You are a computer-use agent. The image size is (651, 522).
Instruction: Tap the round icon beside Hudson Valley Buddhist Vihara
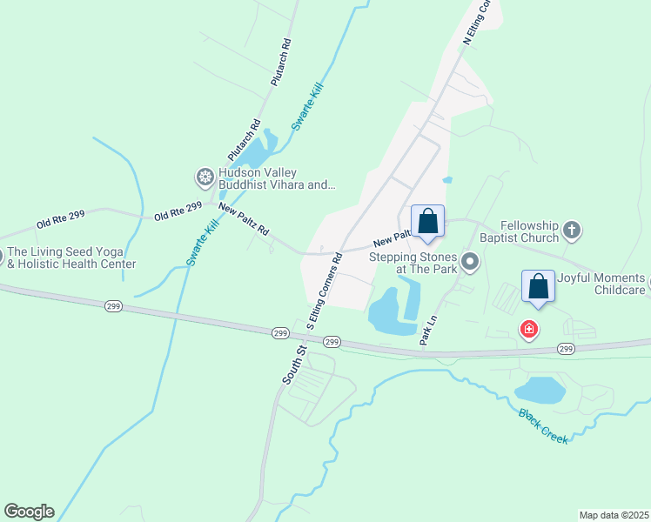(x=205, y=177)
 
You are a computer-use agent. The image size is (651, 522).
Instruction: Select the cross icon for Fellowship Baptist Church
(x=571, y=231)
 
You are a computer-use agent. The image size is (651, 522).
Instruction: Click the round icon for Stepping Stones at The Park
(x=470, y=262)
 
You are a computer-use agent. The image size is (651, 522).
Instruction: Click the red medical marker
(x=528, y=330)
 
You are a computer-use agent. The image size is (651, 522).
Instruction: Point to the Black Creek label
(x=543, y=426)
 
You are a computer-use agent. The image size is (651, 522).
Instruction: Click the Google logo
(x=29, y=512)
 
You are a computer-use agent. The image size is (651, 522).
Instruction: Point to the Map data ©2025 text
(x=614, y=515)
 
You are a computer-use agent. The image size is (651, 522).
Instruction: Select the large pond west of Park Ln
(x=388, y=311)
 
